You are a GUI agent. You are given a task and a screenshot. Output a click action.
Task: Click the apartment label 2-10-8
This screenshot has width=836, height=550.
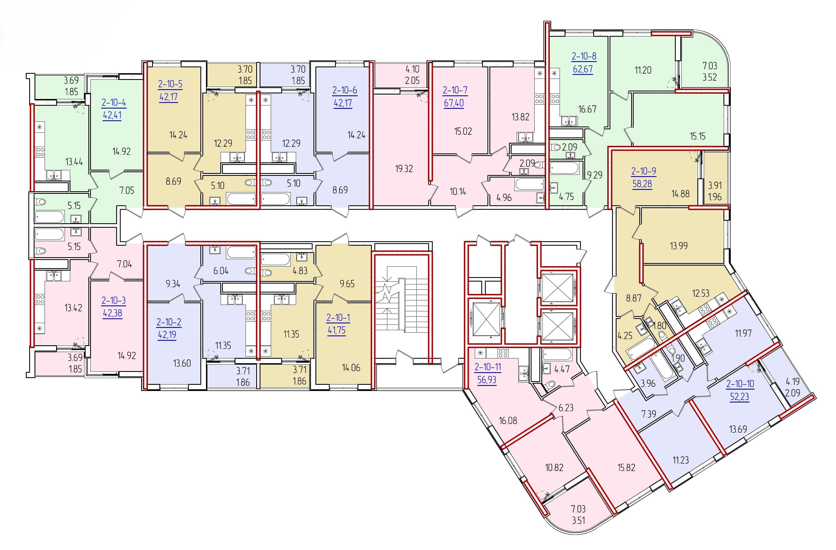pos(584,56)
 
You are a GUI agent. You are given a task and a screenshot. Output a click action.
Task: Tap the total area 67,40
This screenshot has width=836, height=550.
pos(454,103)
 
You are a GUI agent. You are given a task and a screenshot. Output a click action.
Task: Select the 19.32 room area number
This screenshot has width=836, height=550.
pos(404,169)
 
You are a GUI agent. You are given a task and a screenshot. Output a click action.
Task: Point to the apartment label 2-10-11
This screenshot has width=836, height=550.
pos(487,367)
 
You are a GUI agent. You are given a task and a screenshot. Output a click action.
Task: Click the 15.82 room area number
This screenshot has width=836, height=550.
pos(626,468)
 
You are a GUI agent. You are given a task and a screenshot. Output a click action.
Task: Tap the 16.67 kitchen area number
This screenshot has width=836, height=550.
pos(587,109)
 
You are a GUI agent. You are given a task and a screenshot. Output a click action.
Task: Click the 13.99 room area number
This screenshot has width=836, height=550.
pos(679,246)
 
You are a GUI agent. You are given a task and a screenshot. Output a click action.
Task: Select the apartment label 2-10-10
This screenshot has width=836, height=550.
pos(740,384)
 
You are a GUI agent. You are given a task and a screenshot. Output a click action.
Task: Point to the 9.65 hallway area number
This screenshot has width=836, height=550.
pos(347,284)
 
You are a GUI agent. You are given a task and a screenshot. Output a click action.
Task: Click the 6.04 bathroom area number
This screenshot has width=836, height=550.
pos(221,271)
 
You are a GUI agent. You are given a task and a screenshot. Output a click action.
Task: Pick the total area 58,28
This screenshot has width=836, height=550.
pos(642,184)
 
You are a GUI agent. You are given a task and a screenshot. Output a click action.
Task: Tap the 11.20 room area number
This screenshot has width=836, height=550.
pos(643,70)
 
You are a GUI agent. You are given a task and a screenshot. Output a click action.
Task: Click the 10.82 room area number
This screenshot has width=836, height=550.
pos(554,468)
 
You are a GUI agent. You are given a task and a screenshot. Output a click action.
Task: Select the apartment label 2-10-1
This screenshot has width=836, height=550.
pos(338,318)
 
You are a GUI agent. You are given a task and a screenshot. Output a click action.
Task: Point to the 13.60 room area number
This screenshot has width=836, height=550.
pos(182,363)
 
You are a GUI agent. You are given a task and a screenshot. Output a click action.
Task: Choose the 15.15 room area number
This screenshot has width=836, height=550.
pos(698,136)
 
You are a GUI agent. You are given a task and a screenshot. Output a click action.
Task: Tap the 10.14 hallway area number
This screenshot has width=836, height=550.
pos(458,192)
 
